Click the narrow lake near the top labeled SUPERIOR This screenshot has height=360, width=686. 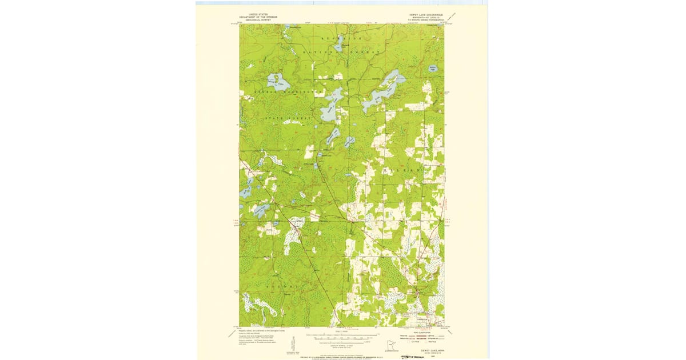pos(339,45)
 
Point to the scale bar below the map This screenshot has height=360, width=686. pos(346,338)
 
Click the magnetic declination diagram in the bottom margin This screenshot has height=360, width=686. pos(294,344)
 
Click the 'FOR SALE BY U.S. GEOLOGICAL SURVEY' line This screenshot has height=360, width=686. pos(343,355)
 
